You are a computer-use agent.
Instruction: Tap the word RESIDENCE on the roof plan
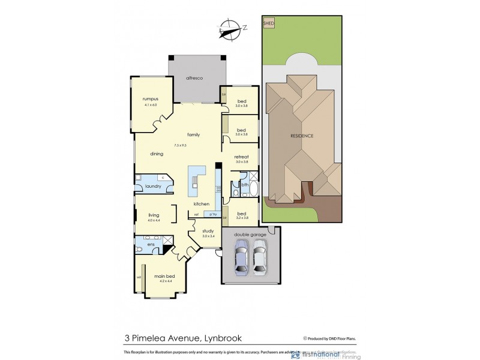(302, 136)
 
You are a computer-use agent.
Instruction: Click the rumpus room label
(149, 99)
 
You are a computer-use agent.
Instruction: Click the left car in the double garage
(241, 256)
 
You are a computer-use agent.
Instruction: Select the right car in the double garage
(259, 256)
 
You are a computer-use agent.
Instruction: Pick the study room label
(208, 230)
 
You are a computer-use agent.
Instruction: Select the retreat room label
(241, 157)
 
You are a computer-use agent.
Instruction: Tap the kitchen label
(201, 204)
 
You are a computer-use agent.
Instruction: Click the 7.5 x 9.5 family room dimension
(180, 145)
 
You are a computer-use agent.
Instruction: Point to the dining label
(157, 154)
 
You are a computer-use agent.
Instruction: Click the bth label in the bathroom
(245, 185)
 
